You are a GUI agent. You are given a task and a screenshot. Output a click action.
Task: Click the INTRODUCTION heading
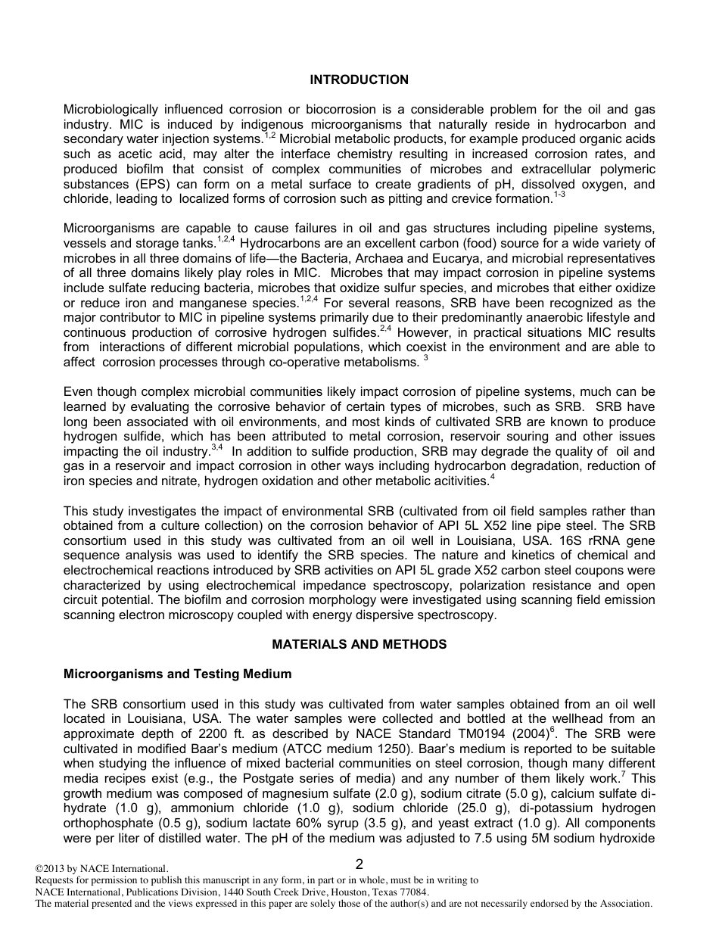[359, 79]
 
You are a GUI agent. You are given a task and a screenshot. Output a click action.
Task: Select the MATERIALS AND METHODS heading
[359, 644]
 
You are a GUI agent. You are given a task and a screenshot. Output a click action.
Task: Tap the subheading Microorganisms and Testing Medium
[177, 674]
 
